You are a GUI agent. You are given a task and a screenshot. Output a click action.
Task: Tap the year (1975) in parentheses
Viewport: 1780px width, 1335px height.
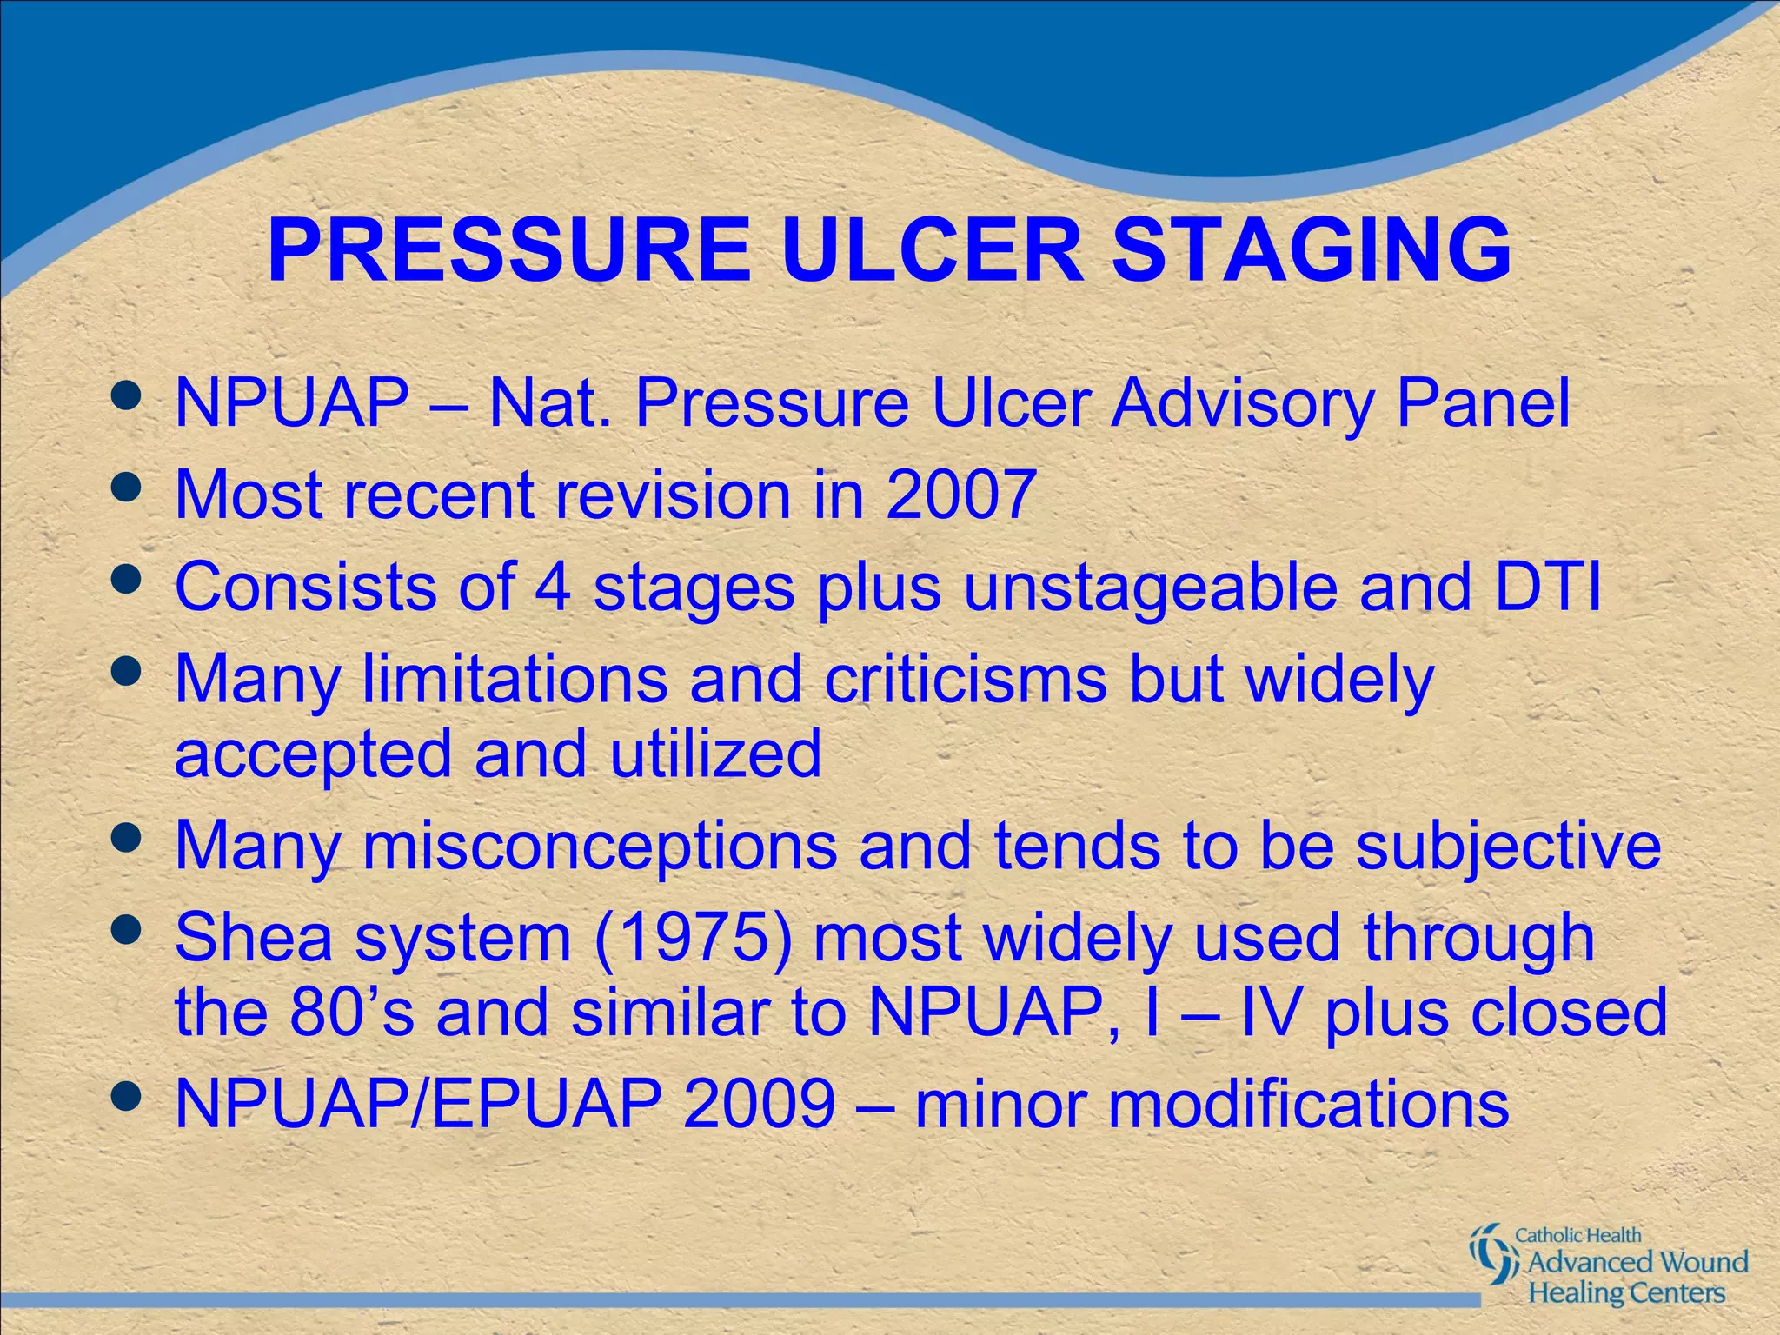[693, 937]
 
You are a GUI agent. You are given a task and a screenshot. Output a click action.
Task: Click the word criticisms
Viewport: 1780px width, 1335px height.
[966, 678]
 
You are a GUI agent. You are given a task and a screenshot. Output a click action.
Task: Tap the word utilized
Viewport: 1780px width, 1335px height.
[714, 753]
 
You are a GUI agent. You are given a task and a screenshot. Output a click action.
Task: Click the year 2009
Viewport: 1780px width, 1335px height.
[759, 1104]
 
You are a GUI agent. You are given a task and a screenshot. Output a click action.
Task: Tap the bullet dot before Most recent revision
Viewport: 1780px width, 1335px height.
[127, 488]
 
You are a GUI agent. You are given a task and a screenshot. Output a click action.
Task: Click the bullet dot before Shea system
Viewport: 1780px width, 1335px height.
[127, 931]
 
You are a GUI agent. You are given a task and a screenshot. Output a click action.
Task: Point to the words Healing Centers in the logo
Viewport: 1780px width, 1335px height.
[1626, 1292]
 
